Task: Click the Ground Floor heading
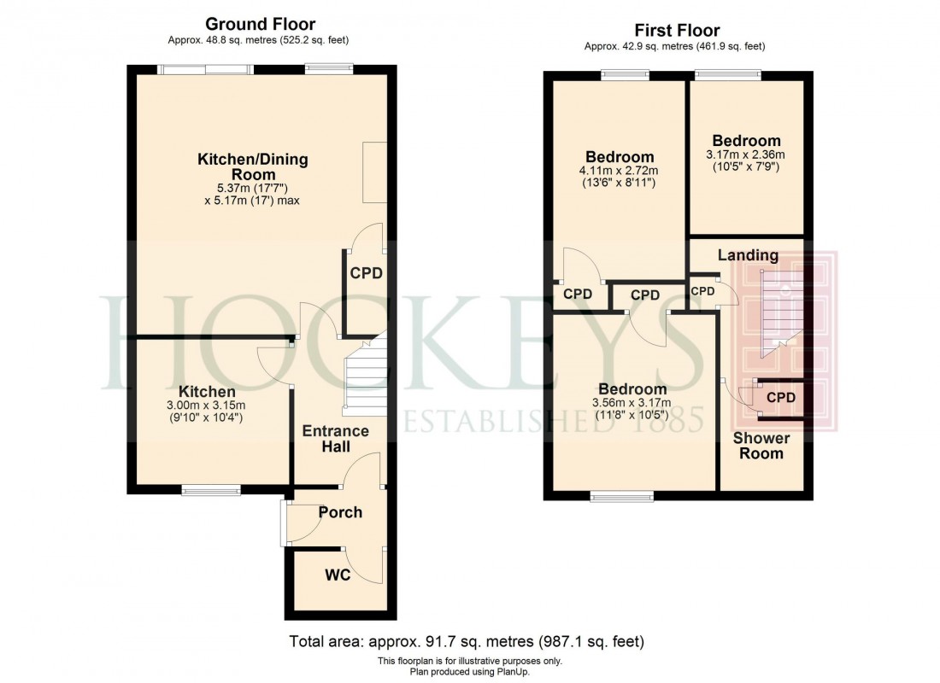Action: (x=259, y=25)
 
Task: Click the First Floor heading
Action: (x=675, y=31)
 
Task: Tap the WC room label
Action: (x=338, y=575)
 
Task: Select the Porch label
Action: (x=340, y=512)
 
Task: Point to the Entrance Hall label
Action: (x=336, y=439)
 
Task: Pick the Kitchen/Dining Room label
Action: (x=253, y=167)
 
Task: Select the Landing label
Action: (x=748, y=254)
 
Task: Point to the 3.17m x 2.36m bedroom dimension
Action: (x=746, y=155)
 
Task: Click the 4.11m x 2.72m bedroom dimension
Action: (x=620, y=172)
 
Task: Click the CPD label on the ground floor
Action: (x=366, y=273)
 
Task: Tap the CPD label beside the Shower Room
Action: (x=780, y=397)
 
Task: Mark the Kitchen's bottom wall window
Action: (x=210, y=490)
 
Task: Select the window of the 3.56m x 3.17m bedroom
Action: (x=623, y=494)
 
